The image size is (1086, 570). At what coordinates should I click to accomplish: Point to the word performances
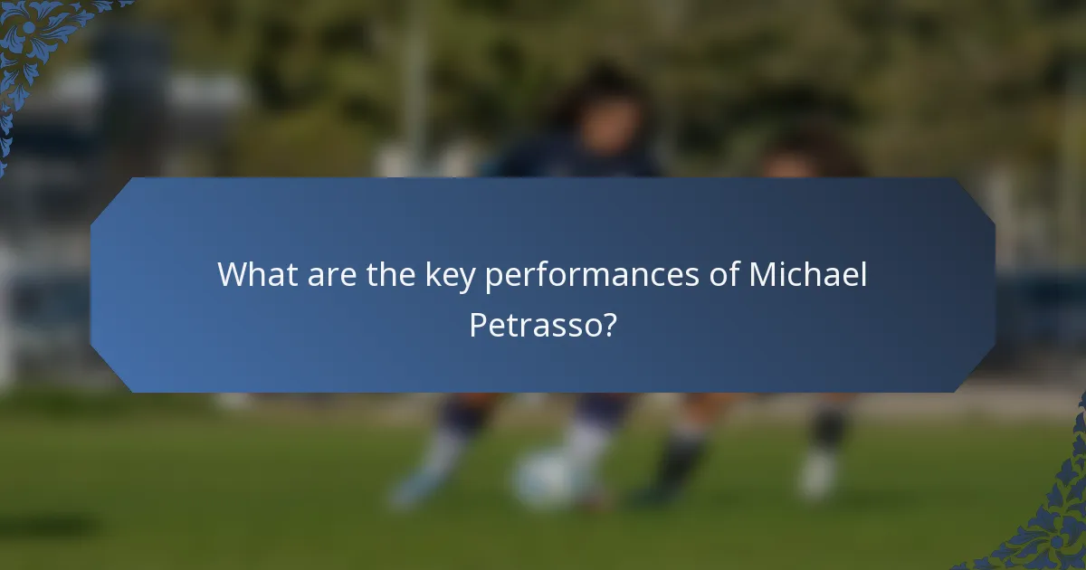[590, 275]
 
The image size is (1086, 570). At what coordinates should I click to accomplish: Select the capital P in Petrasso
[478, 324]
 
